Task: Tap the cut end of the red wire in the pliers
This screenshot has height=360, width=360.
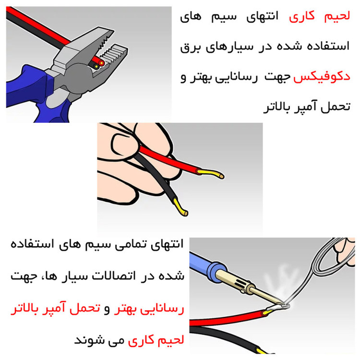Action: click(101, 62)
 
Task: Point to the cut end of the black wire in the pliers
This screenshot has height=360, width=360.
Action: click(96, 66)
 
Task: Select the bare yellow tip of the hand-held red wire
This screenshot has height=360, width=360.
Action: click(211, 173)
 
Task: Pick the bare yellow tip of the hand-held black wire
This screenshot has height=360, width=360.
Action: click(180, 208)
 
